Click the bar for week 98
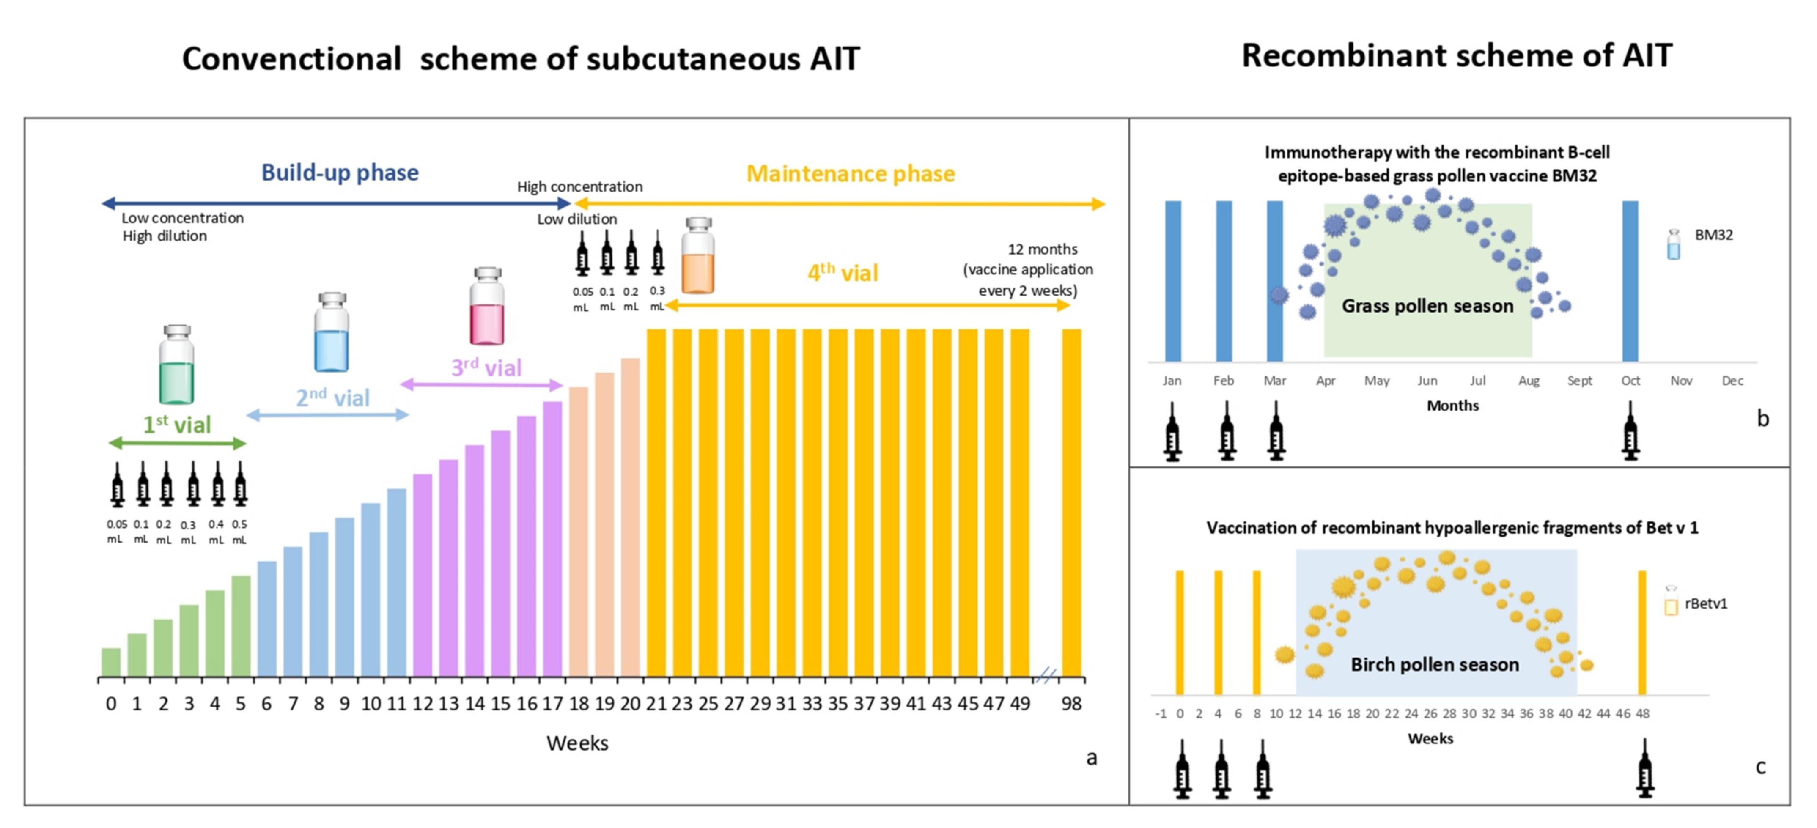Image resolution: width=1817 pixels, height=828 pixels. (1071, 502)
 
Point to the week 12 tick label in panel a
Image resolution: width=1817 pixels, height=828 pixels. (423, 703)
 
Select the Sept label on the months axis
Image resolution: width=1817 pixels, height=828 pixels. (1579, 381)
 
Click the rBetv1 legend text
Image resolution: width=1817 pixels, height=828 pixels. (1706, 604)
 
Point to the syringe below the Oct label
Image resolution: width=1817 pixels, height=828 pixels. (1630, 432)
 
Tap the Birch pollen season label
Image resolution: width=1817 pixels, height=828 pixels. (1434, 664)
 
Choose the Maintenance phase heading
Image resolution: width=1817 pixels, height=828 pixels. (850, 173)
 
